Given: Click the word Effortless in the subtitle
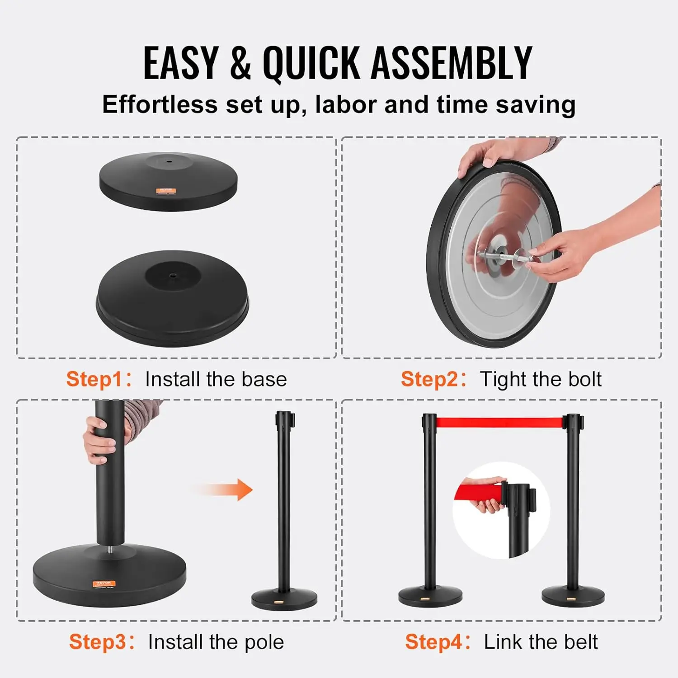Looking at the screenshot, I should [x=160, y=104].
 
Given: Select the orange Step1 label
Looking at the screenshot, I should [x=94, y=379].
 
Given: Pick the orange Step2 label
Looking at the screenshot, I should [x=429, y=379].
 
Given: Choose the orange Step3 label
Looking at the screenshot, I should [x=97, y=642].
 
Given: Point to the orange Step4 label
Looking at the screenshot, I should [x=433, y=642].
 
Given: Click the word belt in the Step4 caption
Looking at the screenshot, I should [x=581, y=642].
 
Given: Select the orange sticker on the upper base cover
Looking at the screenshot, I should [x=165, y=191].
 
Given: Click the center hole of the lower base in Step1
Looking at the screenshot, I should [x=173, y=275].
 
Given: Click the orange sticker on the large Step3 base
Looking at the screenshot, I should [x=104, y=583].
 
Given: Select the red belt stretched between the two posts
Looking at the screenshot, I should [x=499, y=423].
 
